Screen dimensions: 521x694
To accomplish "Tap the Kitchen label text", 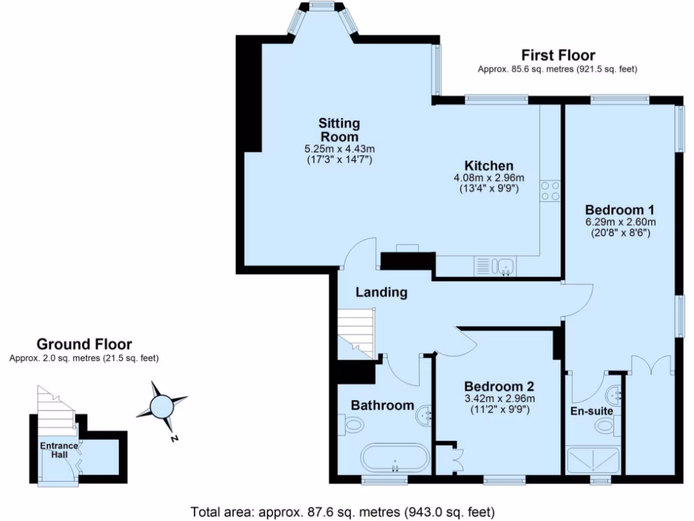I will point(489,166).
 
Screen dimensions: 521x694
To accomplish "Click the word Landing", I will point(382,292).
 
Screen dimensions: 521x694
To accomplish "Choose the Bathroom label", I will point(382,405).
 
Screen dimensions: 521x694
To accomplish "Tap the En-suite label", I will point(592,410).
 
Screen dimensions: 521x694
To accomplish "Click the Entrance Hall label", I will point(58,450).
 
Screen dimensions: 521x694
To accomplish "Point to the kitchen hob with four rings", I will point(550,191).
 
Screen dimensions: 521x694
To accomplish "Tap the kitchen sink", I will point(505,265).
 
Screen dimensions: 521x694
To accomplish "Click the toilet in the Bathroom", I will point(354,425).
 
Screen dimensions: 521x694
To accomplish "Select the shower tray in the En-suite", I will point(594,460).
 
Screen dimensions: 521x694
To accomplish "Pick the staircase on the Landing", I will point(356,332).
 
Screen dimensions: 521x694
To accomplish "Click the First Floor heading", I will point(558,55).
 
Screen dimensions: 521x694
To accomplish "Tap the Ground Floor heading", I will point(84,345).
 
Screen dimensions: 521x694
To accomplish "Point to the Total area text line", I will point(342,511).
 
